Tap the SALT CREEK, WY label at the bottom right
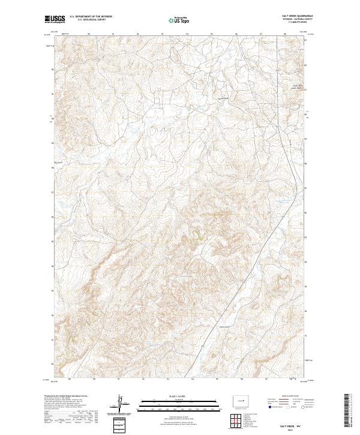pos(293,424)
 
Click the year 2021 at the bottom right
pos(293,428)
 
